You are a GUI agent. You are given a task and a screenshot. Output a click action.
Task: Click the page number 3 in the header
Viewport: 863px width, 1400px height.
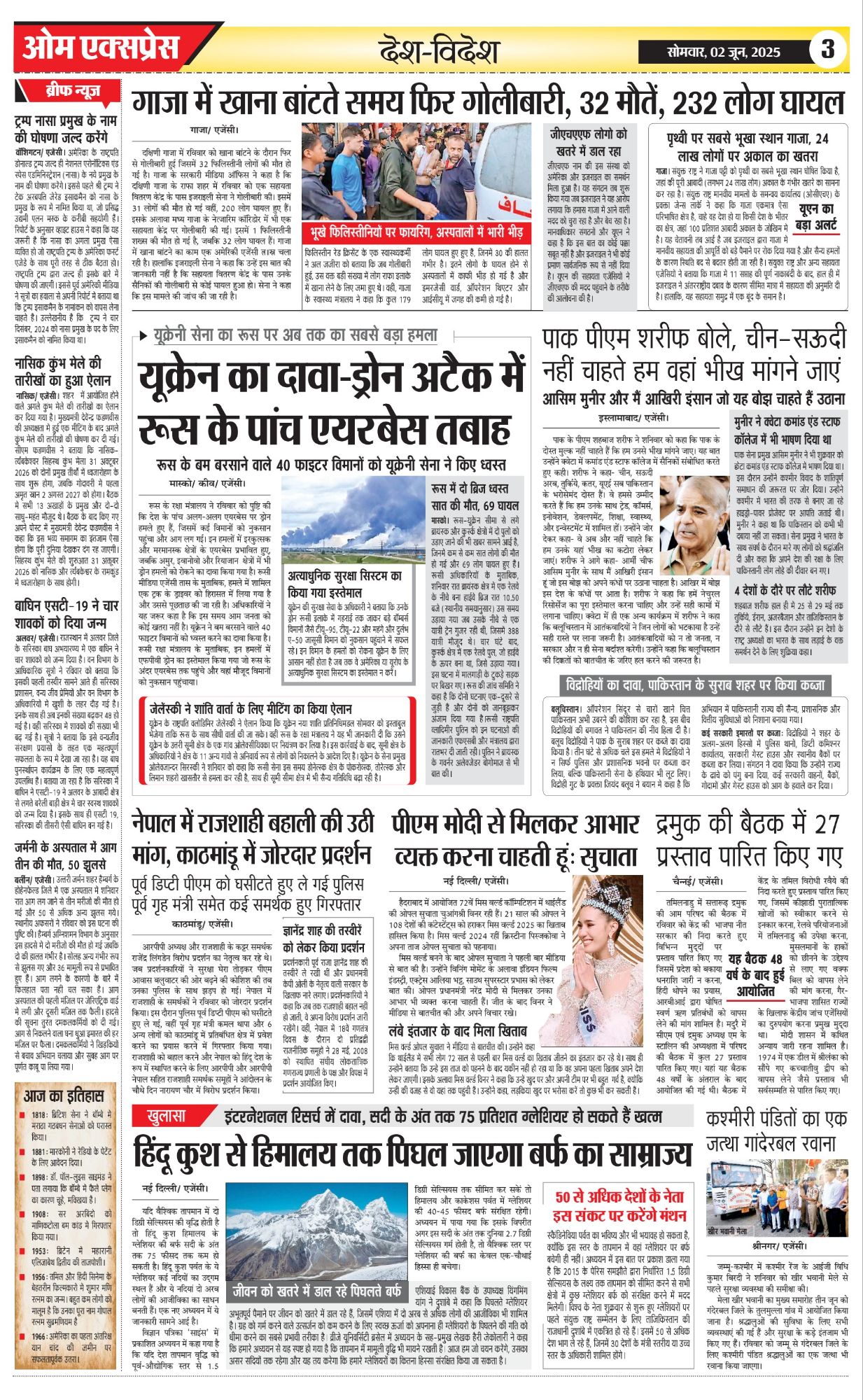click(x=828, y=50)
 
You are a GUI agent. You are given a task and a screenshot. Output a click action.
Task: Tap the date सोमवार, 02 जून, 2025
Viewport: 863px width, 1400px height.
click(x=723, y=51)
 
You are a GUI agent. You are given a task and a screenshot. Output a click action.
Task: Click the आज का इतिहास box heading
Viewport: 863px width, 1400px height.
click(x=64, y=1096)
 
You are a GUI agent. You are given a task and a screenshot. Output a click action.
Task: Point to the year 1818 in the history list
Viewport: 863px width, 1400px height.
click(x=39, y=1115)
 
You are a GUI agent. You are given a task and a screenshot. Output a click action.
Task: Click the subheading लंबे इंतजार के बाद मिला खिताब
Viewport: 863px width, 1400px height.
click(x=452, y=1031)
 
